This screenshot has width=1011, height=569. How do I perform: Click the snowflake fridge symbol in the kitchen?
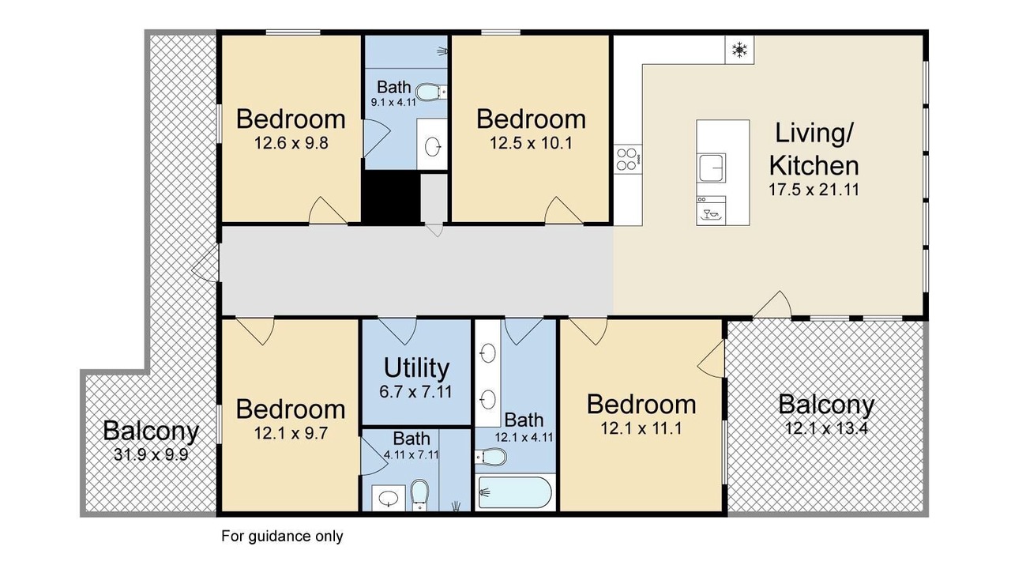[739, 50]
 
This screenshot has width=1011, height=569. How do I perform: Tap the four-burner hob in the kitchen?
[628, 159]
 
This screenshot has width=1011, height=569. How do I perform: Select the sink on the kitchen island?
[712, 167]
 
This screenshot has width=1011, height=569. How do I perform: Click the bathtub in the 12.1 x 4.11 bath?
[514, 492]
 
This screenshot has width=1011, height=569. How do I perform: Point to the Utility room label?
[416, 367]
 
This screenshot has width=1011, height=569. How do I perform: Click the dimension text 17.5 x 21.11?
[814, 190]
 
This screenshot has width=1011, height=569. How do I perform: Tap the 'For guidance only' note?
[282, 536]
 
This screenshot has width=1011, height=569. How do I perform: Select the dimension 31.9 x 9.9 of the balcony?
[151, 454]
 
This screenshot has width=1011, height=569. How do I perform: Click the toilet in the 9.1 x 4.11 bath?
[430, 92]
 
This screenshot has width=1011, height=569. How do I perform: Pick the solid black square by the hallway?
[391, 197]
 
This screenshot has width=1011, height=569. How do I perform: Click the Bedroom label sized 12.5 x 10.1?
[531, 119]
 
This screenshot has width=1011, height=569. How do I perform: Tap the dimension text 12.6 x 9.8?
[291, 143]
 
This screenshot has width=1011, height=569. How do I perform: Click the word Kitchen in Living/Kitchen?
[814, 166]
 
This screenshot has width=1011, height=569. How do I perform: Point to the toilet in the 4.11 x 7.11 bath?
[419, 495]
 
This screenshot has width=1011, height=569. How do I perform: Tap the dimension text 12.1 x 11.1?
[641, 428]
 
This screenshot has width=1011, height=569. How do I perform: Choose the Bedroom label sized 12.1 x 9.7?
[291, 409]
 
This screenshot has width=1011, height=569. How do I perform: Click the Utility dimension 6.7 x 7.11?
[415, 391]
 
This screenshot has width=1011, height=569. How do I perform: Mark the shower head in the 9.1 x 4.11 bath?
[442, 51]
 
